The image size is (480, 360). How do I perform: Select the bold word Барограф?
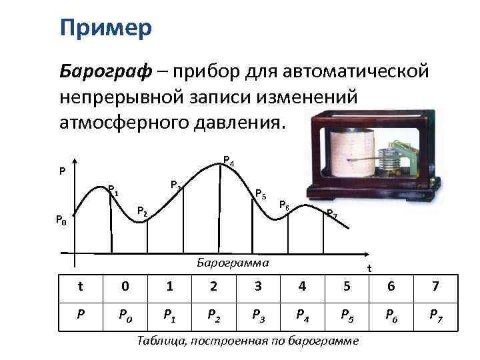100,71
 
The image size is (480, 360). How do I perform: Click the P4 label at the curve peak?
228,161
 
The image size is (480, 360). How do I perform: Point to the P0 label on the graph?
61,219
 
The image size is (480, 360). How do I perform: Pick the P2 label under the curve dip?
142,211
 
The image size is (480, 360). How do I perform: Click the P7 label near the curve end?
331,214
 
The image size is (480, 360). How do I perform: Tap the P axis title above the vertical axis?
61,171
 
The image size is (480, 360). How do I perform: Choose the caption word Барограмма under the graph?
233,262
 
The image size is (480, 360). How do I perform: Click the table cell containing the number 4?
303,287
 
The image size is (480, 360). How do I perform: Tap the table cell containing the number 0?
125,287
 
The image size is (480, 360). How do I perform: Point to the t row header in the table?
81,287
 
